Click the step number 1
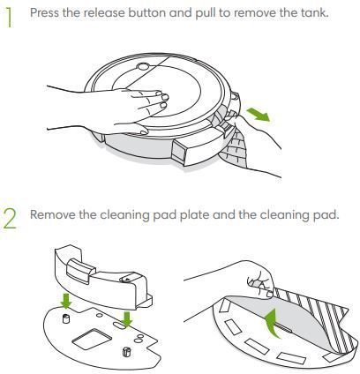[10, 18]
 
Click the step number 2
[11, 219]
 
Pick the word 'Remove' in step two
[53, 214]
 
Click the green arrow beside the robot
[258, 114]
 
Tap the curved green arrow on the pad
[273, 323]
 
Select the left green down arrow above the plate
[66, 301]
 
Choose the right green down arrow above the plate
[127, 319]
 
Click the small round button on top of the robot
[143, 67]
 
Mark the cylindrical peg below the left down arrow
[66, 318]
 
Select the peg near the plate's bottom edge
[125, 352]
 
